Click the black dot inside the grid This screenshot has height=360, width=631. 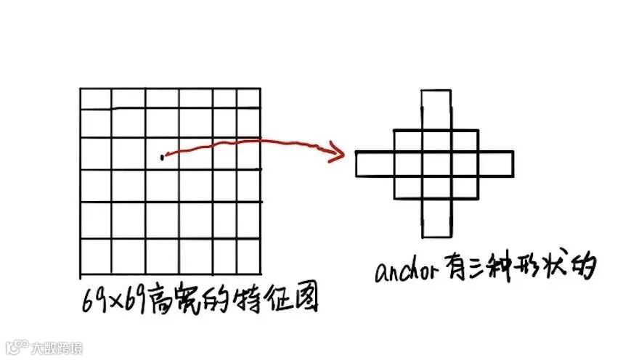click(162, 156)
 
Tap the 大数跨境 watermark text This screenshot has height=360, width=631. click(57, 348)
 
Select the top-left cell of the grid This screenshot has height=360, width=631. click(95, 99)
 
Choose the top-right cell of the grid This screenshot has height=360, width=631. click(248, 99)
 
